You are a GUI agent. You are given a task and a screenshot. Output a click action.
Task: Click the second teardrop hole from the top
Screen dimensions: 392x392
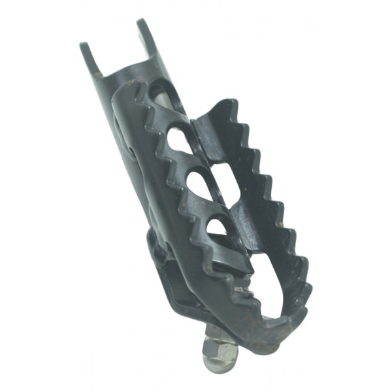(176, 140)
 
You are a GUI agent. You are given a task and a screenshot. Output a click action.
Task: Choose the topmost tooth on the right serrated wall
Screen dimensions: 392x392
(225, 105)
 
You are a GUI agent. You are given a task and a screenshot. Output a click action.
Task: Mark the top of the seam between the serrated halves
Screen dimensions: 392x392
(194, 122)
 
